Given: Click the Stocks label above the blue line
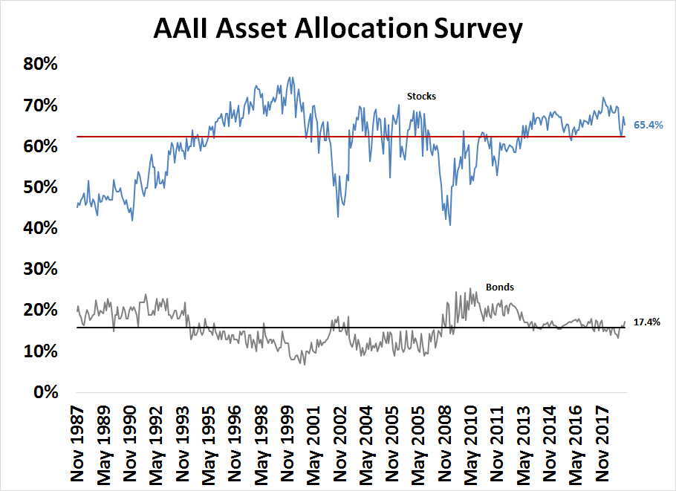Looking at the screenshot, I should coord(421,96).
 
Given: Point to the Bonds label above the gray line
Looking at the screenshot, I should coord(500,287).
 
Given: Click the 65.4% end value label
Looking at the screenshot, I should coord(647,126).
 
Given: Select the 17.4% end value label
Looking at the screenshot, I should coord(646,322).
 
